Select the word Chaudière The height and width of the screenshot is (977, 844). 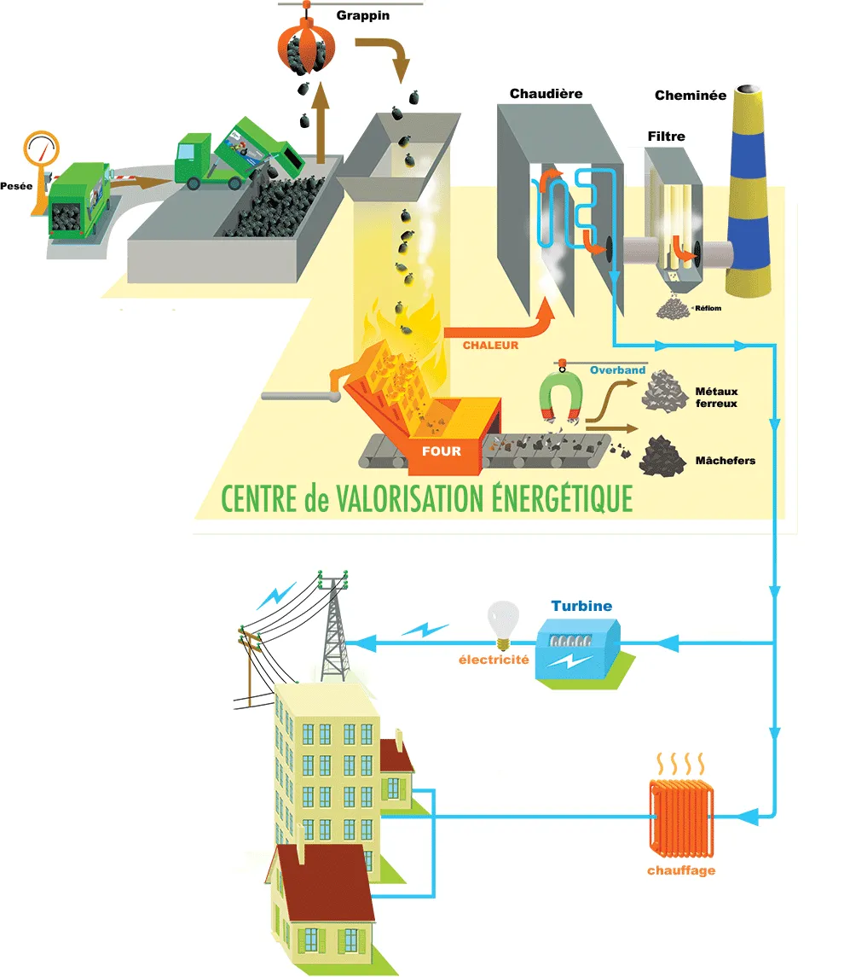(x=546, y=93)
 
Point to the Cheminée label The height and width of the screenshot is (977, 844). (x=691, y=96)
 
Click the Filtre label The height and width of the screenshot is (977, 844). (x=666, y=136)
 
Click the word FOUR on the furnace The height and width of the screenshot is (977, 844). (x=442, y=451)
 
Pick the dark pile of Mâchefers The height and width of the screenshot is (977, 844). (x=663, y=455)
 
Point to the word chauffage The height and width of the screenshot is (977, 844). (x=681, y=871)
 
